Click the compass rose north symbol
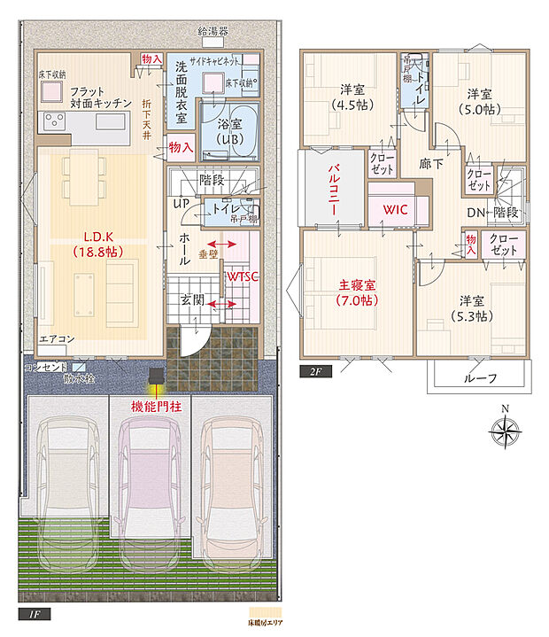(506, 431)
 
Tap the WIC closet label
(394, 210)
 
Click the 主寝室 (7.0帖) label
(357, 292)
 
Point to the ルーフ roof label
(480, 377)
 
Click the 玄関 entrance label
(193, 301)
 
